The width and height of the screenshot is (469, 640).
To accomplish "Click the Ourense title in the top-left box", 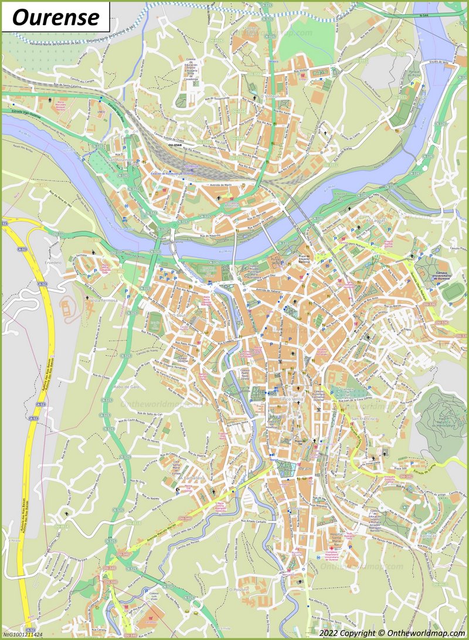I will pos(55,17).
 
